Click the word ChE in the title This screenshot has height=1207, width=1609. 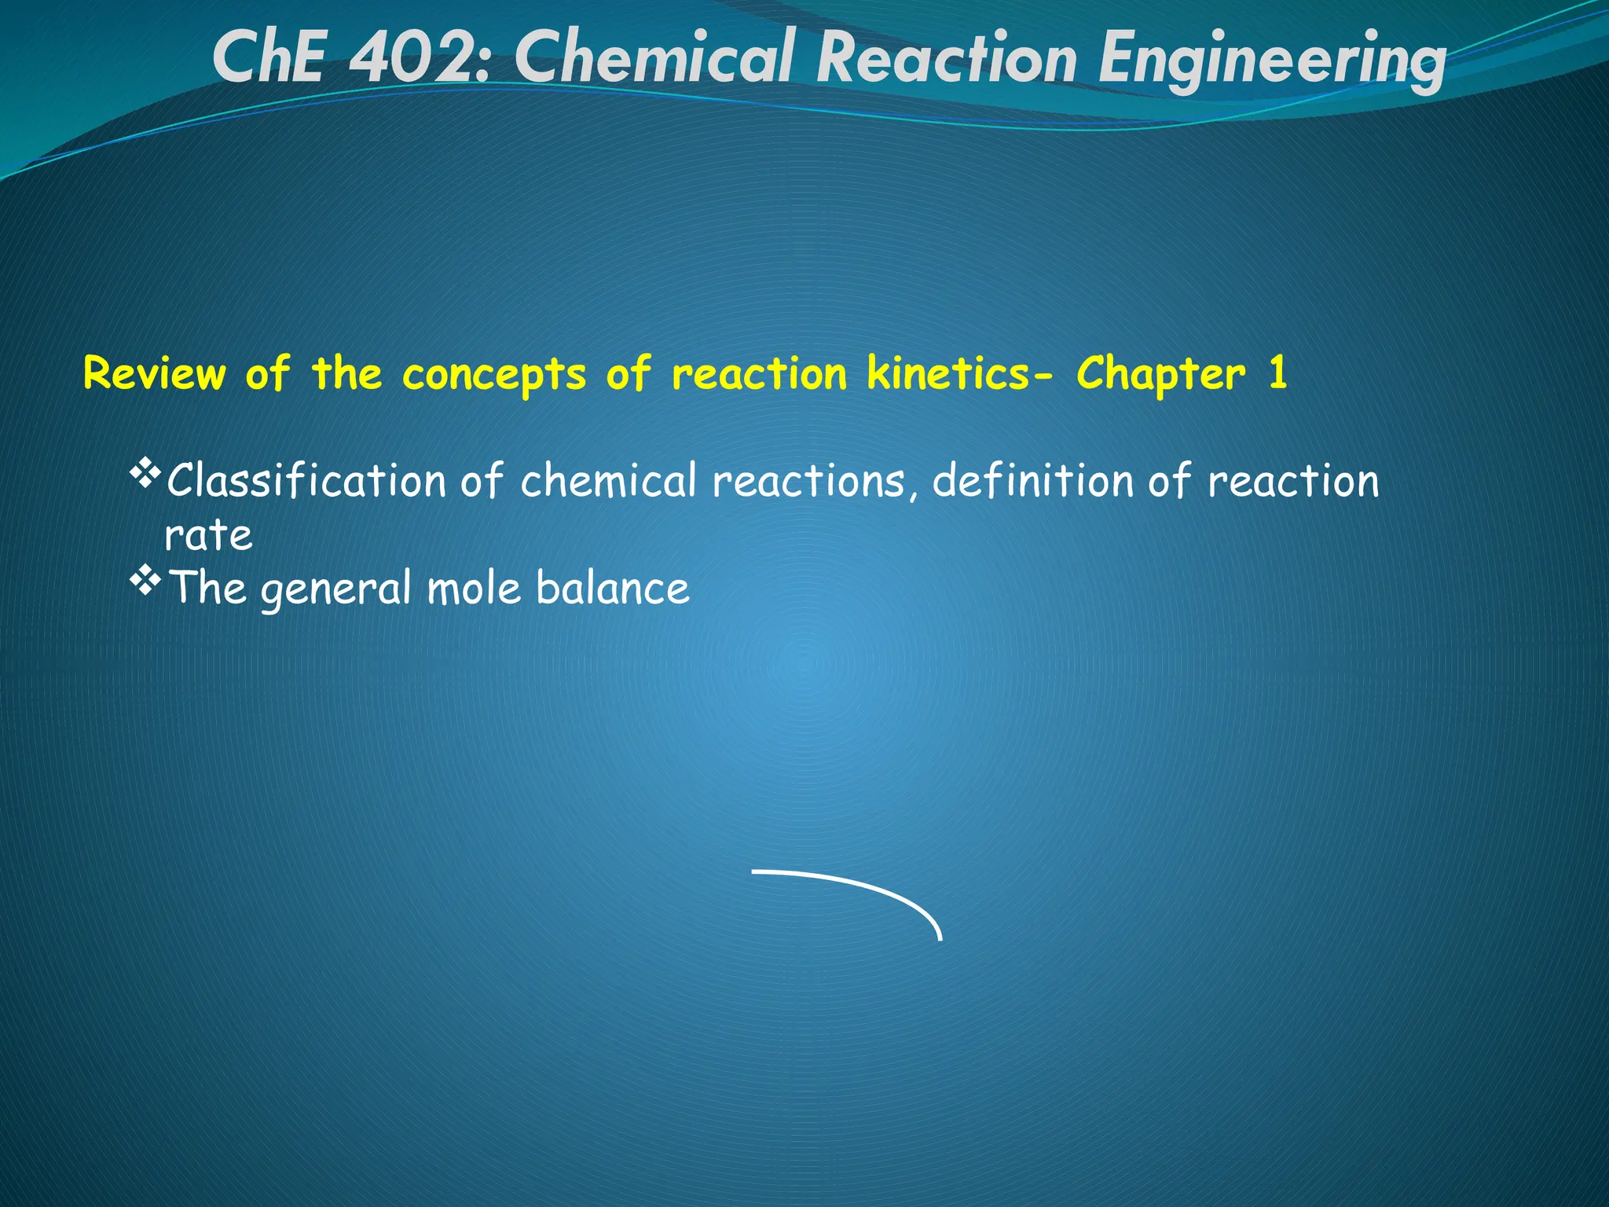tap(268, 59)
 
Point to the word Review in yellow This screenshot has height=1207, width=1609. tap(154, 373)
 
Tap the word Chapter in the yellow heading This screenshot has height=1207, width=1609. tap(1160, 375)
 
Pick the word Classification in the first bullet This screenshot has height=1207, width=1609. tap(306, 480)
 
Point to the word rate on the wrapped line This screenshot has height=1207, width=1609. tap(208, 535)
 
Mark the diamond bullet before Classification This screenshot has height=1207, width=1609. tap(145, 475)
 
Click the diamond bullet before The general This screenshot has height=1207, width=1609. tap(145, 582)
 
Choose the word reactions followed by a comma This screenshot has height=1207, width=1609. tap(809, 481)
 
